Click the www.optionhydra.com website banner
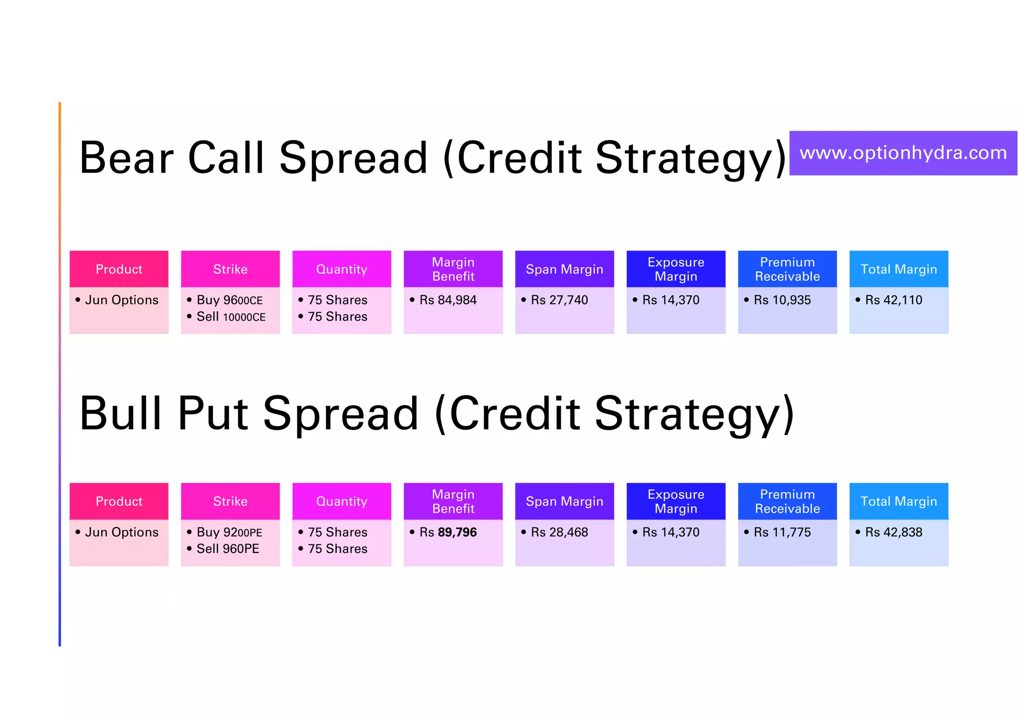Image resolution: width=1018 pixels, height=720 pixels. [x=903, y=153]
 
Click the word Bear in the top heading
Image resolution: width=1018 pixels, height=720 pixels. [x=126, y=158]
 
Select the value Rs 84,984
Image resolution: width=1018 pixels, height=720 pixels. [x=447, y=300]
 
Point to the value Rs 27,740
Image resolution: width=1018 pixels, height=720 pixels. [x=559, y=300]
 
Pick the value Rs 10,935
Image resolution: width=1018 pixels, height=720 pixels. [x=782, y=300]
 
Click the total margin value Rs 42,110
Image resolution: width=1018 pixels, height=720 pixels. [x=893, y=300]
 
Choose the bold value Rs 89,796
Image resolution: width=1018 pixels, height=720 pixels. [x=447, y=532]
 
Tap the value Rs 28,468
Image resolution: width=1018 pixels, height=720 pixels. [x=559, y=532]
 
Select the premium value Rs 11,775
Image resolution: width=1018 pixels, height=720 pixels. [x=782, y=532]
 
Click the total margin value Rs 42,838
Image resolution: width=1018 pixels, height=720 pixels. [x=893, y=532]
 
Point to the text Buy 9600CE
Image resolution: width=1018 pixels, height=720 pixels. [x=229, y=300]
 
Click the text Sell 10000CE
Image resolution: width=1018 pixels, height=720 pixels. [x=231, y=317]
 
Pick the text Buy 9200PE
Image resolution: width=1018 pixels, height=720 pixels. [x=229, y=532]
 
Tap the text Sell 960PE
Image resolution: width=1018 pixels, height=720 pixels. [x=228, y=548]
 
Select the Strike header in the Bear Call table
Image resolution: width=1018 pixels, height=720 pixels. [x=230, y=269]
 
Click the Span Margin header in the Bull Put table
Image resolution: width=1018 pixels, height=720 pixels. [x=564, y=501]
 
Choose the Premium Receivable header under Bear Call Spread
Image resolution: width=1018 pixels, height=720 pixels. [x=787, y=269]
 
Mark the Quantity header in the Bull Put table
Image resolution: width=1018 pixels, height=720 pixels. [x=341, y=501]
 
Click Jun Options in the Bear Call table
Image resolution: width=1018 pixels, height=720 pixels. [x=121, y=300]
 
